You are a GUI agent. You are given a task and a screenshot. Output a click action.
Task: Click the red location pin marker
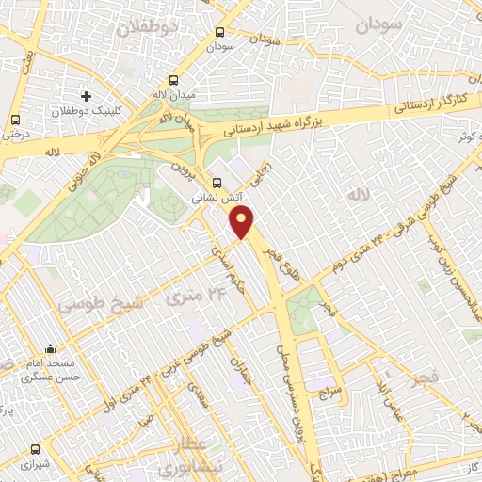[243, 222]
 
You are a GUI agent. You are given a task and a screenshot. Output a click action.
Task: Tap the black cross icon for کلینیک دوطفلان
[87, 96]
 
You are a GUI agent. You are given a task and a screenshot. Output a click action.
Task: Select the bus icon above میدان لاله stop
[172, 81]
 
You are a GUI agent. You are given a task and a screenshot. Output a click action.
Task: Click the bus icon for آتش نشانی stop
[217, 183]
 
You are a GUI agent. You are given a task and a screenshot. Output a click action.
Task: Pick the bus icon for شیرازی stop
[35, 450]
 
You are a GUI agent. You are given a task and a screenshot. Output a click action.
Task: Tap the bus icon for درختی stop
[15, 120]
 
